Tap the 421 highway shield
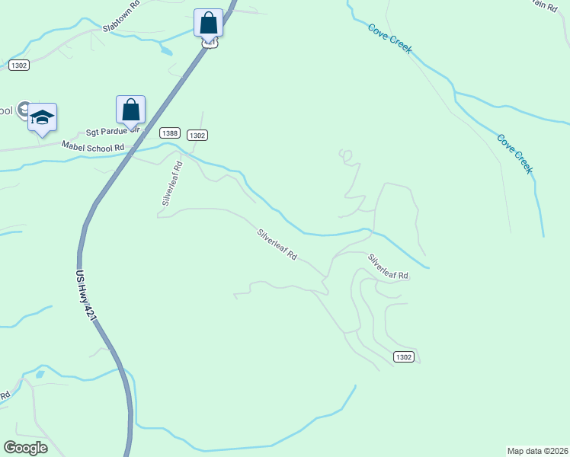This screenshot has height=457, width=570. (210, 43)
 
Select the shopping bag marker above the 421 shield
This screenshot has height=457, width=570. (209, 24)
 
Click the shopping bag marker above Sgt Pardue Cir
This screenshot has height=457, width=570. (131, 110)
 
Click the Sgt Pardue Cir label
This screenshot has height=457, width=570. (114, 131)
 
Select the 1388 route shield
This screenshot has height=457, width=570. (171, 133)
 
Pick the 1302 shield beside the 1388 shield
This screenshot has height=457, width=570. (197, 135)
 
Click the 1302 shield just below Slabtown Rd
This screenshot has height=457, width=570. (19, 66)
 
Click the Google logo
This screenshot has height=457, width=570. (25, 448)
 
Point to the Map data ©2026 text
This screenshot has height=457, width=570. (537, 450)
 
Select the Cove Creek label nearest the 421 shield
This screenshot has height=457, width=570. (389, 39)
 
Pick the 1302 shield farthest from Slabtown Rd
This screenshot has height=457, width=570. (404, 356)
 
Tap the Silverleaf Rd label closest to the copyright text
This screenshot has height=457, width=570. (388, 267)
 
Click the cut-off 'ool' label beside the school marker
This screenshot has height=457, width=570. (7, 111)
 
